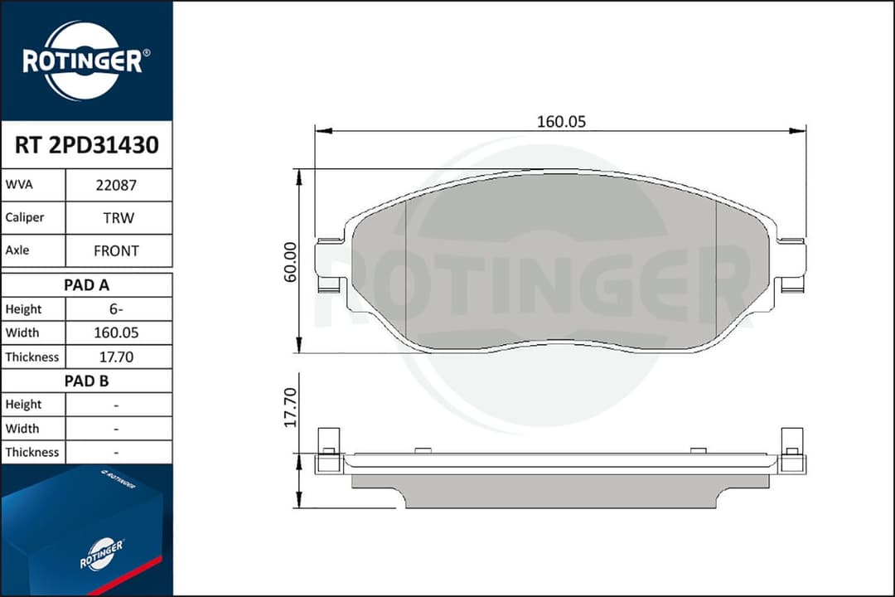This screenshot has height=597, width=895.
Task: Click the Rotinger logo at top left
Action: click(86, 61)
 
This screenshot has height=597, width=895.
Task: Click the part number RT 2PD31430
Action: click(86, 146)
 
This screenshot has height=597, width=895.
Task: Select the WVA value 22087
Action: click(117, 186)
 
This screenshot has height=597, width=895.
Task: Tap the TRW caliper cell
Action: click(117, 218)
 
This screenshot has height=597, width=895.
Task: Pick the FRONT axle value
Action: click(117, 250)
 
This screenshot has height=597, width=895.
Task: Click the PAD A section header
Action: click(86, 285)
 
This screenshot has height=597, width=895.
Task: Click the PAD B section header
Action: click(86, 381)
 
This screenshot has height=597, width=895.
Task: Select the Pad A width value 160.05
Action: click(117, 333)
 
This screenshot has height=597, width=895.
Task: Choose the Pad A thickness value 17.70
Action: click(117, 357)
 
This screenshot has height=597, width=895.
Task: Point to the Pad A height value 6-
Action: click(117, 309)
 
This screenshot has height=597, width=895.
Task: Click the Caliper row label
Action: click(25, 218)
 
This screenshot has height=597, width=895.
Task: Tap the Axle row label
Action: click(18, 250)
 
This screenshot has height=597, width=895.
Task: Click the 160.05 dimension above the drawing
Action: click(561, 121)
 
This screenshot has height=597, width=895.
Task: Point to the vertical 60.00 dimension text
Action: click(290, 261)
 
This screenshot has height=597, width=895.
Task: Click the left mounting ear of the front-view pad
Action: click(330, 265)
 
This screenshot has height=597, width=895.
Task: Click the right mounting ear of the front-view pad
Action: click(791, 265)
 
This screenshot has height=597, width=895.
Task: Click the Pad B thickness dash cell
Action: click(117, 453)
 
